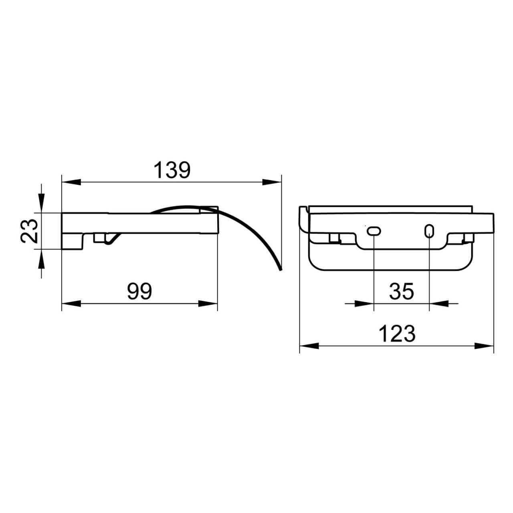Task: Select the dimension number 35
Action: coord(402,291)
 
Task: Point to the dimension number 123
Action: coord(397,334)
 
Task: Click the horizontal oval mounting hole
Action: coord(374,231)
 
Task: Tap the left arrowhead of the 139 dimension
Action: coord(71,182)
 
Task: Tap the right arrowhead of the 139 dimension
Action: coord(272,182)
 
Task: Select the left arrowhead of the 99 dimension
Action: coord(71,304)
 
